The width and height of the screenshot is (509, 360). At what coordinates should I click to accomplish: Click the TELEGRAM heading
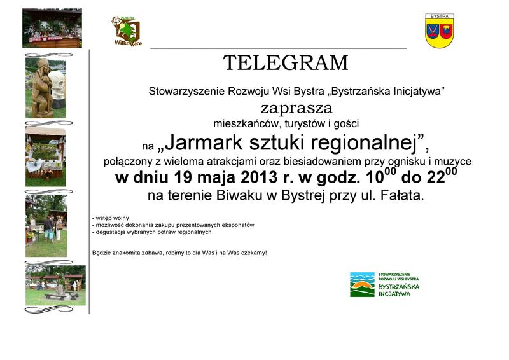pyautogui.click(x=286, y=63)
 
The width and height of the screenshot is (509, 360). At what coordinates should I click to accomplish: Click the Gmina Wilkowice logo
pyautogui.click(x=127, y=31)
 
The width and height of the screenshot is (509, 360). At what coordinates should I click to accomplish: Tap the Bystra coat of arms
pyautogui.click(x=440, y=31)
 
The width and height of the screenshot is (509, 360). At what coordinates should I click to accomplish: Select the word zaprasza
pyautogui.click(x=296, y=108)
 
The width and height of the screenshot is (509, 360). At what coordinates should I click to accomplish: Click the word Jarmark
pyautogui.click(x=204, y=143)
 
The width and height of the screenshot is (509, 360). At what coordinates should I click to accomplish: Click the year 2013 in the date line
pyautogui.click(x=259, y=177)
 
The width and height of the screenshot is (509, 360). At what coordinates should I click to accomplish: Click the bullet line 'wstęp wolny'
pyautogui.click(x=110, y=218)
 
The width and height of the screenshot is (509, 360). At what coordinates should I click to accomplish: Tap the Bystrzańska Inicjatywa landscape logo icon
pyautogui.click(x=362, y=284)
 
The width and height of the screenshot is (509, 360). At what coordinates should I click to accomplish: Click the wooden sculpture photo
pyautogui.click(x=46, y=88)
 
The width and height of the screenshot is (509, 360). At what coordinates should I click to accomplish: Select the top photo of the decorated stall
pyautogui.click(x=52, y=28)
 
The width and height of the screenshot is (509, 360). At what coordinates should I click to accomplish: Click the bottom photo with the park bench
pyautogui.click(x=55, y=286)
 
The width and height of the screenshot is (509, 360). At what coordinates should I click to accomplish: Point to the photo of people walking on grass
pyautogui.click(x=46, y=226)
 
